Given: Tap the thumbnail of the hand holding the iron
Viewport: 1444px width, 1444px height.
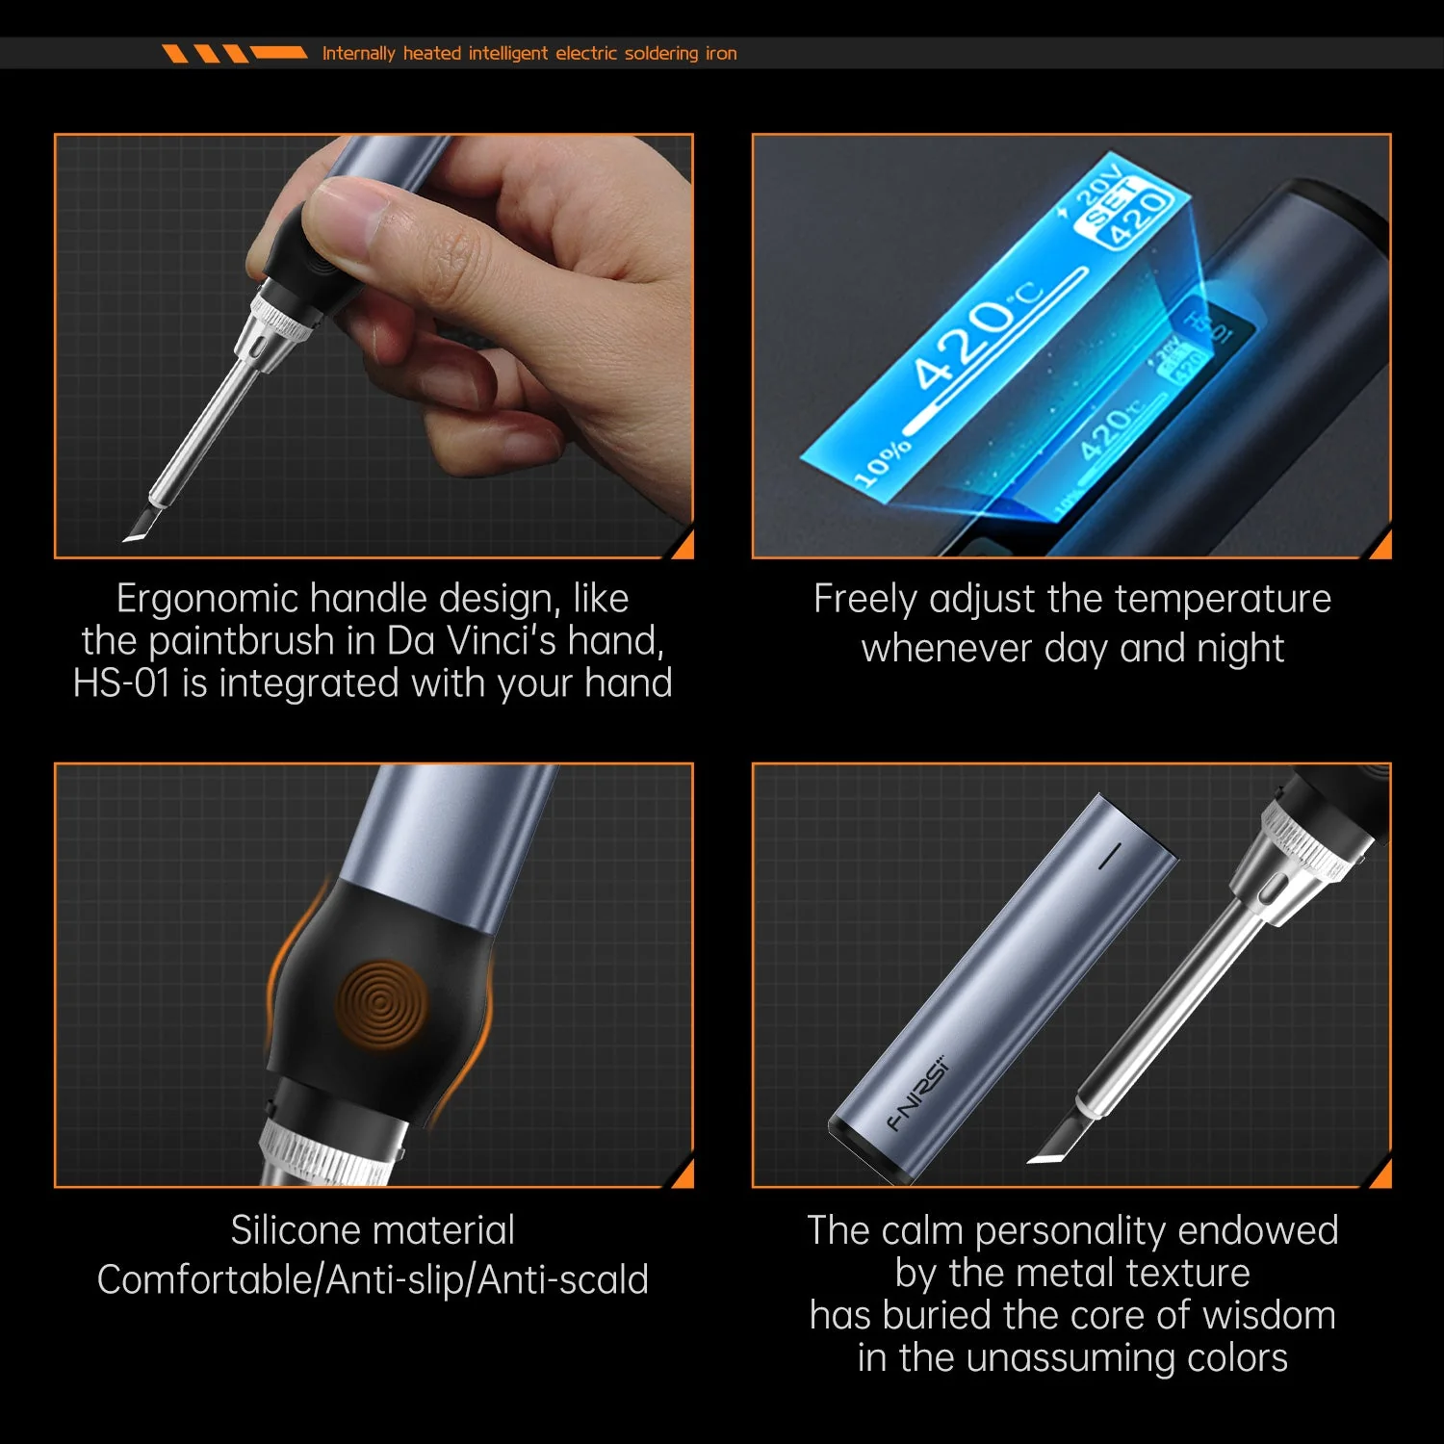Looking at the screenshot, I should [374, 346].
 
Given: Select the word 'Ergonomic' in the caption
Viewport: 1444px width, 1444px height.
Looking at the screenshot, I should [208, 599].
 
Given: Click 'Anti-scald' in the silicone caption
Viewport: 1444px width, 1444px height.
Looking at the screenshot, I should [563, 1280].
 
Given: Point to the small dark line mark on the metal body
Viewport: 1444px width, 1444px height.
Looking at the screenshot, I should [1110, 855].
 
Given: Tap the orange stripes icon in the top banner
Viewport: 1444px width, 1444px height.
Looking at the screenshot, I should [234, 53].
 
